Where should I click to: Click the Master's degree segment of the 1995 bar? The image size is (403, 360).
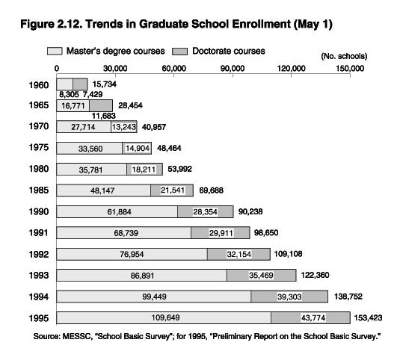point(164,318)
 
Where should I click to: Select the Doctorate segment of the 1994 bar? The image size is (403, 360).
point(289,297)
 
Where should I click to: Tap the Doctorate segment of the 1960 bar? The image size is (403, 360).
point(80,84)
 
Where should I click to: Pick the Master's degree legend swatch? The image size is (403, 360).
point(55,51)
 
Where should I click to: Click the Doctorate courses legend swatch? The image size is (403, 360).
point(179,51)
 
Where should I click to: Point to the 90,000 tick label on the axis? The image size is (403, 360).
point(233,69)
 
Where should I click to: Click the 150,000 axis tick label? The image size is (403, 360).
point(350,69)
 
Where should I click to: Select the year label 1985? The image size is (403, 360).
point(39,190)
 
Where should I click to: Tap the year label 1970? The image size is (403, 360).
point(39,126)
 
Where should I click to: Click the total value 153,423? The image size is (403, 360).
point(368,318)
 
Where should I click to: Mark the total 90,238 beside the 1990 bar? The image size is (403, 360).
point(250,211)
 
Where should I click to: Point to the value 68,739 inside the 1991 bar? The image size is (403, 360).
point(126,233)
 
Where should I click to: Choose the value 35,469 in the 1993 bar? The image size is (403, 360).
point(261,276)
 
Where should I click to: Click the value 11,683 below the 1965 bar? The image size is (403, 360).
point(104,116)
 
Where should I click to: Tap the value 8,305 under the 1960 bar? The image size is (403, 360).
point(69,95)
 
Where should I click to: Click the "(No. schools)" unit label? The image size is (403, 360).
point(344,56)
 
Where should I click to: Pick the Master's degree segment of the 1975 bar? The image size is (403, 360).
point(90,148)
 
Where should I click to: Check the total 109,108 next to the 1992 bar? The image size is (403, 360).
point(288,254)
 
